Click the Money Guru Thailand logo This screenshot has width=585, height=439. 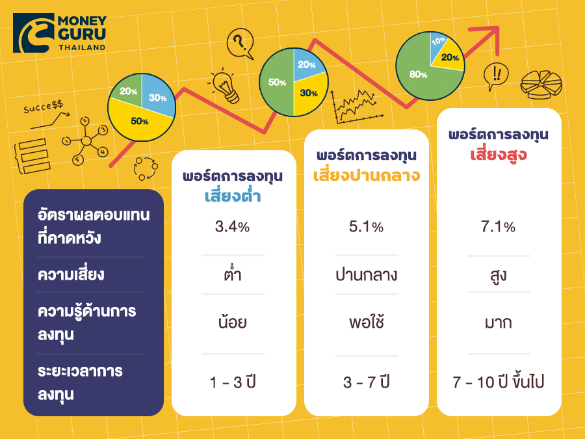click(60, 33)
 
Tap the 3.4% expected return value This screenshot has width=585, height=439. click(232, 226)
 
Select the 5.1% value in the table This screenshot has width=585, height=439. click(366, 226)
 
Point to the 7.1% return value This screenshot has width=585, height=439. click(498, 226)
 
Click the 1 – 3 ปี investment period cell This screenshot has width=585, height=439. click(233, 382)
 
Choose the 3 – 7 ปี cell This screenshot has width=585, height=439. click(367, 382)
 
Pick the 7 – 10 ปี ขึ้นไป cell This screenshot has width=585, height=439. click(499, 381)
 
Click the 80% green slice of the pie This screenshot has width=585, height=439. click(418, 73)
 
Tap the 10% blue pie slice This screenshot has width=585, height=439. click(438, 45)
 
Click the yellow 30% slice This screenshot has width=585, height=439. click(309, 93)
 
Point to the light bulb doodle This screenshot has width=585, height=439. click(226, 86)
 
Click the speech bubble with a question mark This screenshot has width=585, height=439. click(240, 44)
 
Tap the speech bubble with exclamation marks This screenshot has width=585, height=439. click(496, 76)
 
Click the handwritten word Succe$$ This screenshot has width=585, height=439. click(44, 107)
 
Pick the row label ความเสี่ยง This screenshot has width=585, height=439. click(71, 274)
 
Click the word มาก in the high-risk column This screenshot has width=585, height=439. click(499, 323)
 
